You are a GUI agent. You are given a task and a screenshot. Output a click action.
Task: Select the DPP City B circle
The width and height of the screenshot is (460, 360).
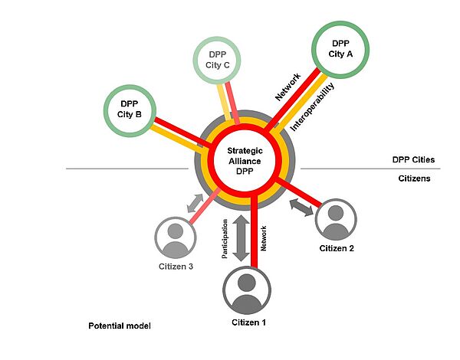click(x=130, y=110)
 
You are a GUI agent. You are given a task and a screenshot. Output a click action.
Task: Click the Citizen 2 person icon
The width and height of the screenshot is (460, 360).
click(x=335, y=221)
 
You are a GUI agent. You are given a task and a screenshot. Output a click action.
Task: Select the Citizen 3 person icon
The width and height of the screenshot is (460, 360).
click(x=176, y=237)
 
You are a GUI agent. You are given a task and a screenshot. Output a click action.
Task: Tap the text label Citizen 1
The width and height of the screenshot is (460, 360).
click(x=248, y=322)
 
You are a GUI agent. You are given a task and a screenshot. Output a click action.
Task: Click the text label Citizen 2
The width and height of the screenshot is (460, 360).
click(x=337, y=249)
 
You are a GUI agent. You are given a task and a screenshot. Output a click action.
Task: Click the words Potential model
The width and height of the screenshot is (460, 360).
click(x=120, y=326)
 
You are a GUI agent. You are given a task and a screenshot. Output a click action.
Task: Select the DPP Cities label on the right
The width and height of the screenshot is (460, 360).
click(x=413, y=160)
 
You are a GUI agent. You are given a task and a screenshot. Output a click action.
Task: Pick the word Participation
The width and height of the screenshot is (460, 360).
click(x=226, y=240)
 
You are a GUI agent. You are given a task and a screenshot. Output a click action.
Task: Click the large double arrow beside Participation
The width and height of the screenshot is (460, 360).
click(x=243, y=239)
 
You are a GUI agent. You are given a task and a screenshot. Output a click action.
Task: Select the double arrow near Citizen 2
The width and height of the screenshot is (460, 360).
click(x=301, y=206)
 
